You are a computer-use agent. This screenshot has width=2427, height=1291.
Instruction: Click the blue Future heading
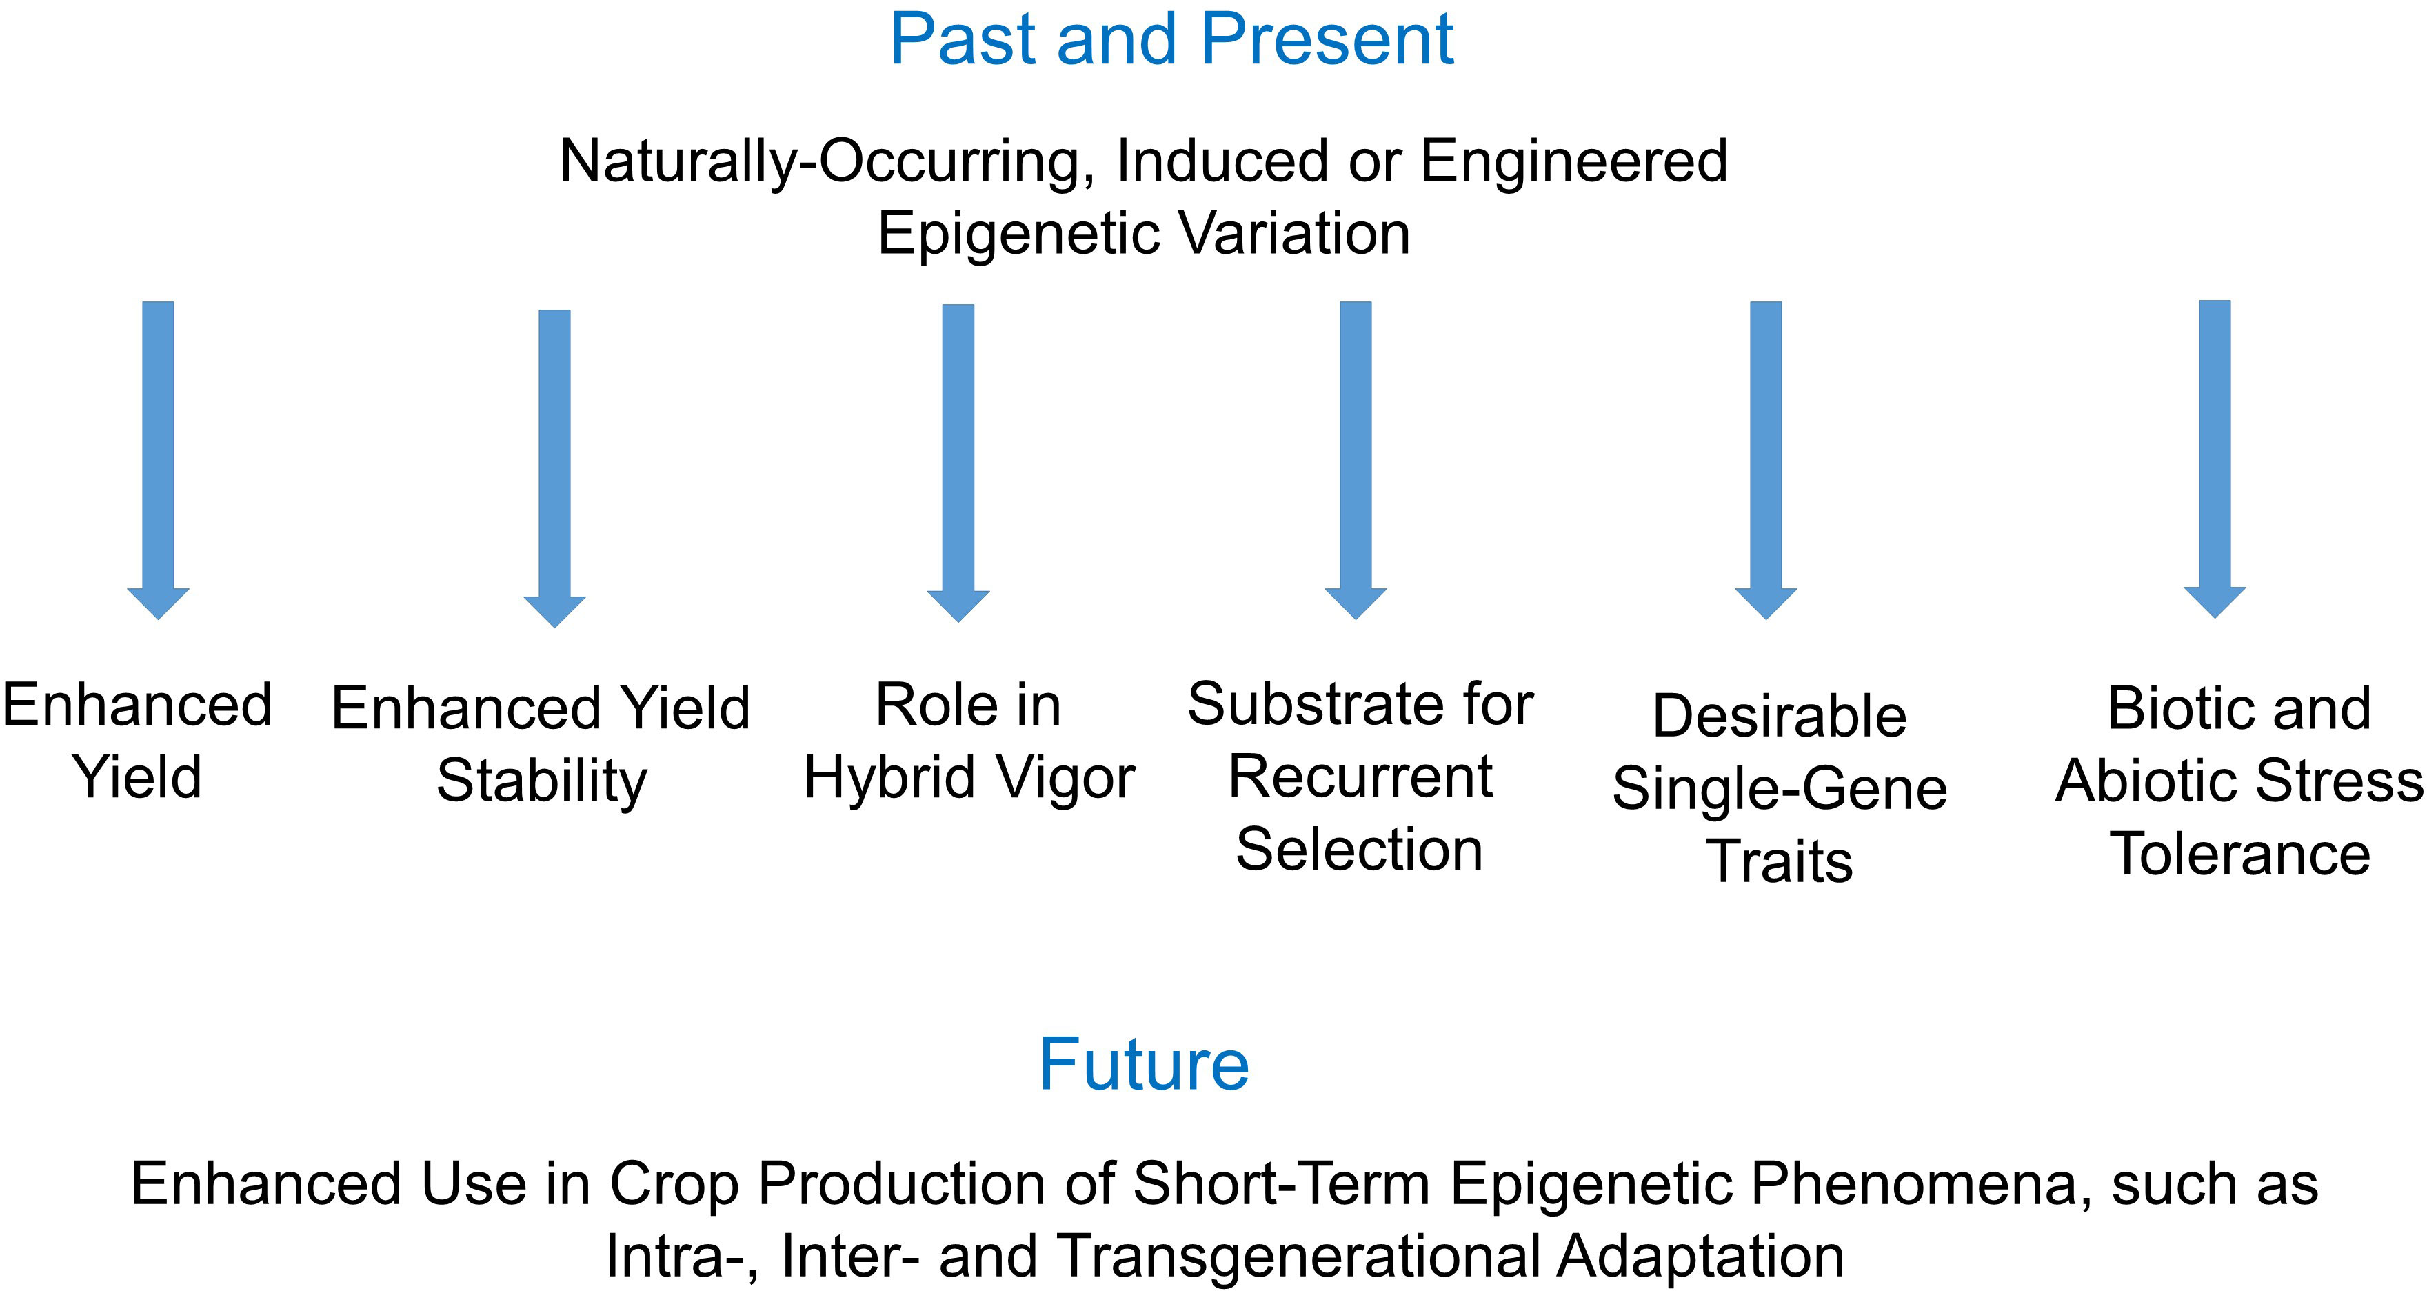click(x=1144, y=1065)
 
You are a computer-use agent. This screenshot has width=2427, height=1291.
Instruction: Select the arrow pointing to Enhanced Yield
click(x=159, y=460)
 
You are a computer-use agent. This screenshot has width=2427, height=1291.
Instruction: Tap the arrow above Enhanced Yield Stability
click(x=555, y=468)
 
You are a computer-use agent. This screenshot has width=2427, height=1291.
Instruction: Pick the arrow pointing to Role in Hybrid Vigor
click(x=958, y=463)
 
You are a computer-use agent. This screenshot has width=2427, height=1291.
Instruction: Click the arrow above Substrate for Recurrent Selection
click(x=1356, y=460)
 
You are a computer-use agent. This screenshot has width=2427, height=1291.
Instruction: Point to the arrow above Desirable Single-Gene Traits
click(x=1766, y=460)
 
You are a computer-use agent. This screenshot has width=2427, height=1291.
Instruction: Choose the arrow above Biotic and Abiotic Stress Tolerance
click(x=2215, y=459)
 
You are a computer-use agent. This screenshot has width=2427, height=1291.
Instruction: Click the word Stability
click(x=542, y=782)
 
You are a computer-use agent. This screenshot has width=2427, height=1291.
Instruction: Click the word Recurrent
click(x=1360, y=777)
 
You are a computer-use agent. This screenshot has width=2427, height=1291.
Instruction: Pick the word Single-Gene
click(x=1780, y=789)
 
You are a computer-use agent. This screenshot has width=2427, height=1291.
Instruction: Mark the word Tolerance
click(x=2240, y=854)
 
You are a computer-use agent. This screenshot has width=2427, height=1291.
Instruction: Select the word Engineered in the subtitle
click(x=1573, y=162)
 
